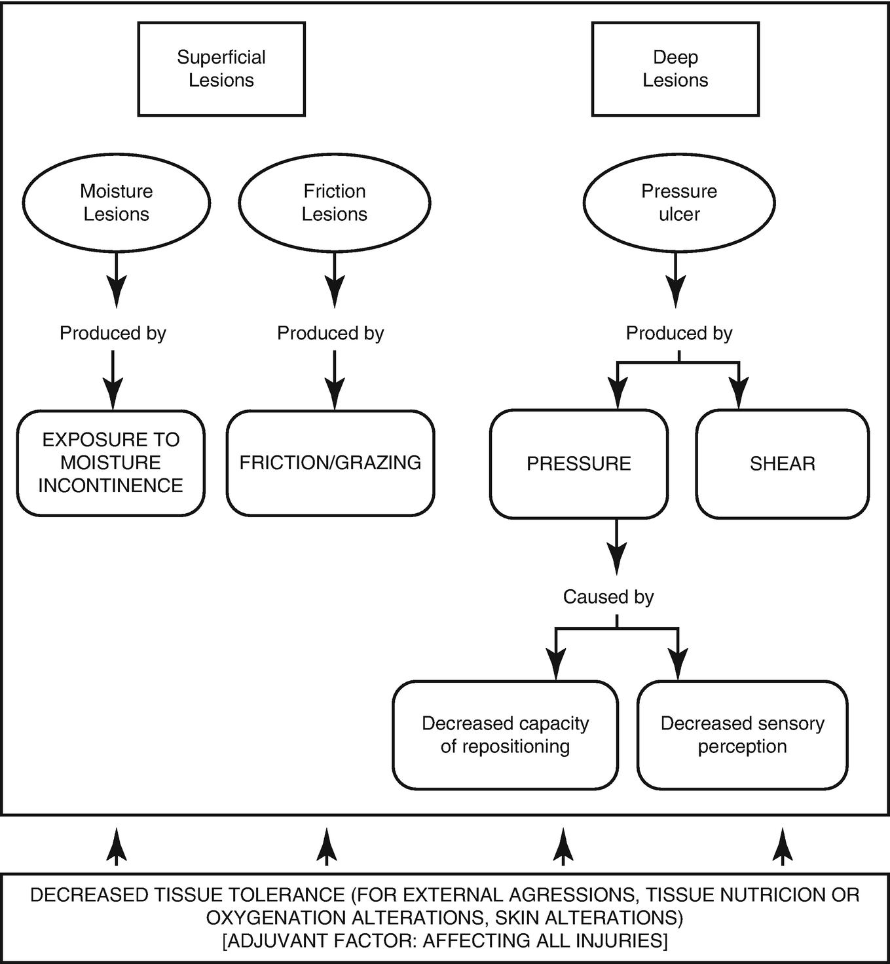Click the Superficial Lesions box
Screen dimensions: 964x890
pyautogui.click(x=221, y=69)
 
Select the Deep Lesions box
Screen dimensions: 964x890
pyautogui.click(x=675, y=69)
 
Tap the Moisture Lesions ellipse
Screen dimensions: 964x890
pyautogui.click(x=117, y=202)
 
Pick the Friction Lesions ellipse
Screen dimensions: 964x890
pyautogui.click(x=335, y=202)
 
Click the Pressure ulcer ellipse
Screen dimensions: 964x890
pyautogui.click(x=679, y=202)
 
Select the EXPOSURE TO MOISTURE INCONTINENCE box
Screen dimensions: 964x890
pyautogui.click(x=111, y=463)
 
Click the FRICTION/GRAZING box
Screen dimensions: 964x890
pyautogui.click(x=330, y=463)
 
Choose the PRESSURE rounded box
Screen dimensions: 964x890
pyautogui.click(x=579, y=464)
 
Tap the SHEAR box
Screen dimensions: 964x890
pyautogui.click(x=783, y=464)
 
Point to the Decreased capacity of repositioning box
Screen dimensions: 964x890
pyautogui.click(x=505, y=735)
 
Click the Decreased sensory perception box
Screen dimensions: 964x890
pyautogui.click(x=742, y=735)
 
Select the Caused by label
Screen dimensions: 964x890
pyautogui.click(x=608, y=597)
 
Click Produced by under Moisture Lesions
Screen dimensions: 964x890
pyautogui.click(x=113, y=334)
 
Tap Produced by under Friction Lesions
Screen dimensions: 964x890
pyautogui.click(x=330, y=334)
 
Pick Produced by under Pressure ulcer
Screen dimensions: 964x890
pyautogui.click(x=679, y=334)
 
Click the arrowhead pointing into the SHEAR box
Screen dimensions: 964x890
pyautogui.click(x=739, y=395)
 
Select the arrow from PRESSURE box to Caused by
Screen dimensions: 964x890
pyautogui.click(x=616, y=548)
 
